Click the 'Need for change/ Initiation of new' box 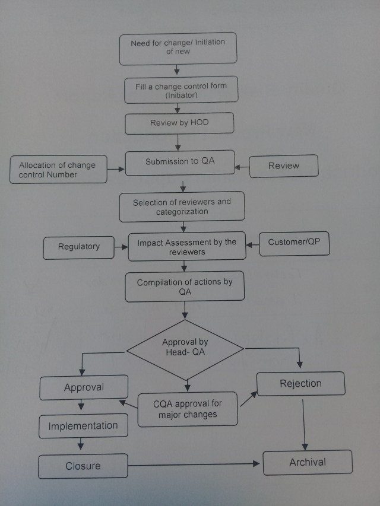pos(178,48)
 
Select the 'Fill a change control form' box pos(181,90)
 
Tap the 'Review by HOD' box pos(179,123)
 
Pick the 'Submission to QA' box pos(180,162)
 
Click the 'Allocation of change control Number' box pos(57,170)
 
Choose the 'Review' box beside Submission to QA pos(283,166)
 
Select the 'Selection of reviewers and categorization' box pos(182,207)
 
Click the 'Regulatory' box pos(79,247)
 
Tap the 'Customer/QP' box pos(294,243)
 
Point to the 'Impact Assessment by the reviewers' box pos(186,246)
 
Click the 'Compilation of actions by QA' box pos(185,287)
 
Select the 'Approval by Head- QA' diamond pos(185,348)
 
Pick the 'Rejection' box pos(300,383)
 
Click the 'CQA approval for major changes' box pos(188,409)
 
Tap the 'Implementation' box pos(83,426)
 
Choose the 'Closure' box pos(83,466)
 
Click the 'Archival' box pos(308,462)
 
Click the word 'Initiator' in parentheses pos(182,95)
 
